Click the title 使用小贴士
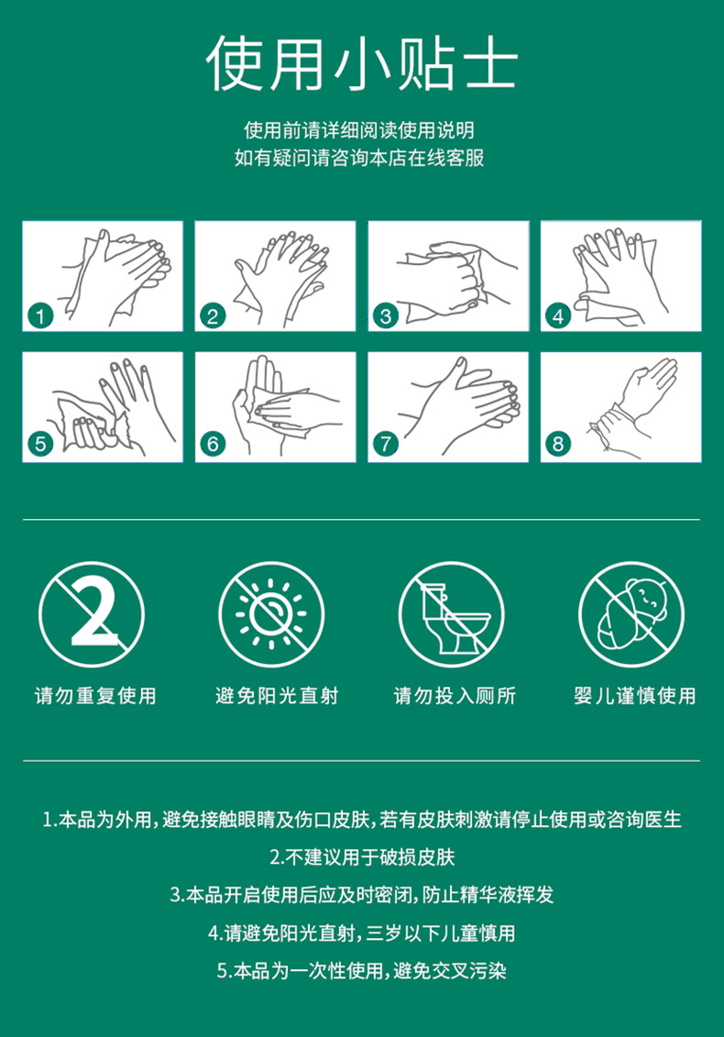(361, 64)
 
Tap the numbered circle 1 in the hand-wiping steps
(41, 316)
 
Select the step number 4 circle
(558, 316)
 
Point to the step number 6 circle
(213, 444)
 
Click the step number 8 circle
(558, 444)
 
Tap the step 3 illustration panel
(448, 276)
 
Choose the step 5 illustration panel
(103, 407)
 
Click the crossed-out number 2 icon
(92, 614)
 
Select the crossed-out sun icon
(271, 614)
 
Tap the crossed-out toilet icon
(451, 614)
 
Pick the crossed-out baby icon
(631, 614)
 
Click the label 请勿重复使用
(95, 696)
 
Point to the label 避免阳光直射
(277, 696)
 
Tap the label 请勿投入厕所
(455, 696)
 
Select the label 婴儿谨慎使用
(635, 696)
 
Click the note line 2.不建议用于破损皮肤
(362, 857)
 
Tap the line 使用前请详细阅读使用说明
(359, 130)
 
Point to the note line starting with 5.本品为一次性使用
(362, 971)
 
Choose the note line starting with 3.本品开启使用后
(362, 895)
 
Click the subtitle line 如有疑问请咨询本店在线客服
(359, 158)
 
